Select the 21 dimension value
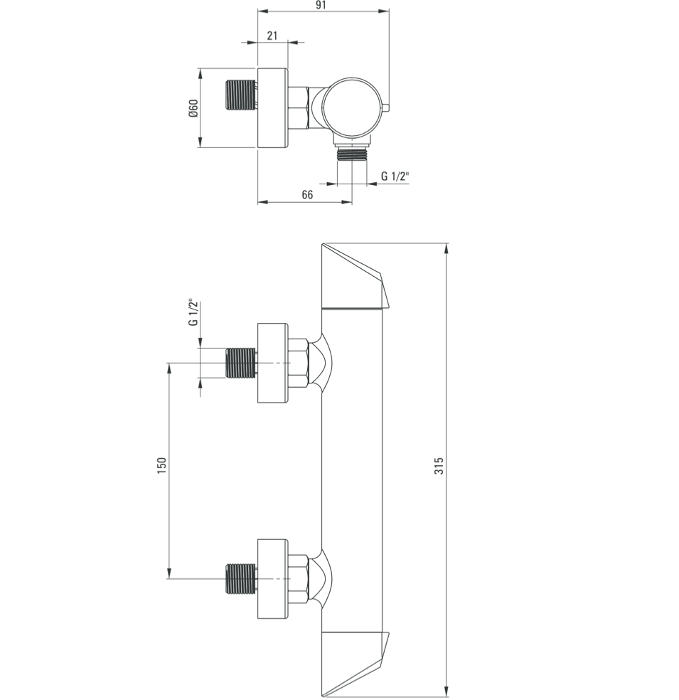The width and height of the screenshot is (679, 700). pyautogui.click(x=272, y=36)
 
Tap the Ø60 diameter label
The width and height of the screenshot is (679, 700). pyautogui.click(x=193, y=108)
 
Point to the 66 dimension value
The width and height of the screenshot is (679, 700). pyautogui.click(x=307, y=195)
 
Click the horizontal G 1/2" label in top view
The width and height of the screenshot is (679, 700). pyautogui.click(x=395, y=176)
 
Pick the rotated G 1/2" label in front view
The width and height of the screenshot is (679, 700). pyautogui.click(x=192, y=313)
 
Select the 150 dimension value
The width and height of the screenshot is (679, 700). pyautogui.click(x=162, y=465)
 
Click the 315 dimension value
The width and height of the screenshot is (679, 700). pyautogui.click(x=439, y=466)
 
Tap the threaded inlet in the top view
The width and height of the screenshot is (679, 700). pyautogui.click(x=240, y=95)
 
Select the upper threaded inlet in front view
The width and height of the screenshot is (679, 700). pyautogui.click(x=240, y=363)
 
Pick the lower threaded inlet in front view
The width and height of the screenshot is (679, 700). pyautogui.click(x=240, y=578)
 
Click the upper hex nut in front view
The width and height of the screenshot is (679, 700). pyautogui.click(x=299, y=363)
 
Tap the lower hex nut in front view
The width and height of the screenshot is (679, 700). pyautogui.click(x=299, y=578)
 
